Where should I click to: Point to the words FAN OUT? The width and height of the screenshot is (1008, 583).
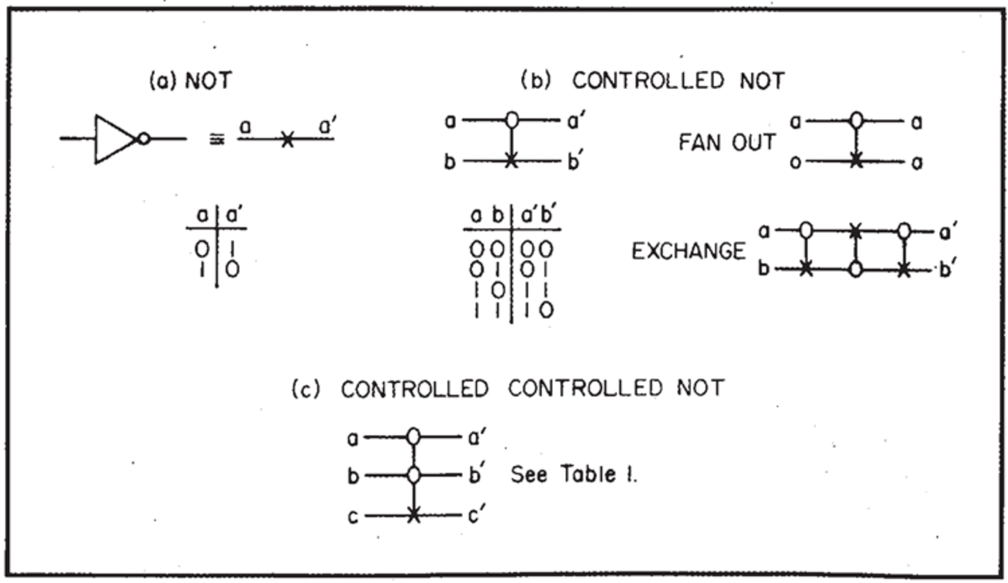(x=727, y=142)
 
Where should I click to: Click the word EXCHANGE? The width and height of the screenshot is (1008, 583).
(x=689, y=252)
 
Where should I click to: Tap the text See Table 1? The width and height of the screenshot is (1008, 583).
(x=574, y=474)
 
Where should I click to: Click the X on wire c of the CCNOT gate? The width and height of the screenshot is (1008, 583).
(x=414, y=515)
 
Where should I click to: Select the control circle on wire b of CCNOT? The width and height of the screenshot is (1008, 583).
(x=414, y=474)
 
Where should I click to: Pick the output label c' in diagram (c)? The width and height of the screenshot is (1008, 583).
(x=474, y=514)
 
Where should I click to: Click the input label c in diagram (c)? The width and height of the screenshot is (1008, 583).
(x=353, y=516)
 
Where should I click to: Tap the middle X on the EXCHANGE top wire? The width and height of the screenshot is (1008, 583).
(x=854, y=231)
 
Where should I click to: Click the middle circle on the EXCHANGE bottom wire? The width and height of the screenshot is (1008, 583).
(x=854, y=268)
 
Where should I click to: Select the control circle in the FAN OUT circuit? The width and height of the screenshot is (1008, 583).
(x=855, y=121)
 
